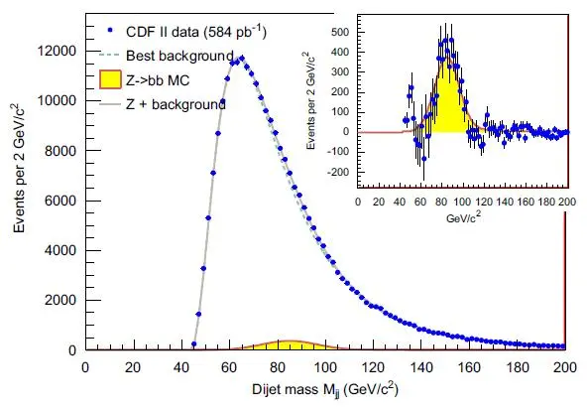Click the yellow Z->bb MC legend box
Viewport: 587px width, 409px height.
pos(110,79)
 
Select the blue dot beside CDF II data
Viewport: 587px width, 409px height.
pos(110,31)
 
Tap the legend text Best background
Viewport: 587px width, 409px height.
pos(179,56)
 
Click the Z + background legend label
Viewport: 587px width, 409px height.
pos(176,104)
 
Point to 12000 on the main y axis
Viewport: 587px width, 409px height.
pos(57,51)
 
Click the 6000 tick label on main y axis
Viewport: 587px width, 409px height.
pos(60,201)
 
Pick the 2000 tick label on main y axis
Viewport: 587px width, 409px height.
pos(60,300)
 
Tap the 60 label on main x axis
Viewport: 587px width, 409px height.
pos(229,367)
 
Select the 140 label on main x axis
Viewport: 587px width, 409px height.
pos(421,367)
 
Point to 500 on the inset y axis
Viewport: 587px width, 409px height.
pos(340,32)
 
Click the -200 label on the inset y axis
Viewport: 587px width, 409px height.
pos(338,172)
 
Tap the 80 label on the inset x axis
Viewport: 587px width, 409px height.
pos(441,203)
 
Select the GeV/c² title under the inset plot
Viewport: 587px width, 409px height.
pos(463,217)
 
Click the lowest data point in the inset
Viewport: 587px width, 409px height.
pos(424,159)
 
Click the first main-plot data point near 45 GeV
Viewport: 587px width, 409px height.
pos(194,343)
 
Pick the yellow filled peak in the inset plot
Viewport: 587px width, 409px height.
pos(446,105)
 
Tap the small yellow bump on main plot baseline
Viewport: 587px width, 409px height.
pos(291,345)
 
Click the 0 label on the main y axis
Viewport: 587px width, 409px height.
pos(72,350)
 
